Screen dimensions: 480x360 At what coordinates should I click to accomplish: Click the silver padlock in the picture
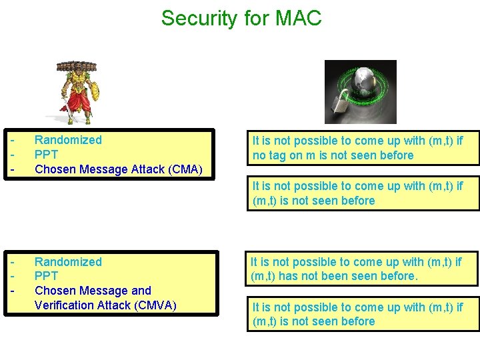click(x=341, y=105)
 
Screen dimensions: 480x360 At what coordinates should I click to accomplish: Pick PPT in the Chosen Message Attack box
click(x=46, y=155)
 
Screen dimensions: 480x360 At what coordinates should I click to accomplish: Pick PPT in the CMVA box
click(x=46, y=276)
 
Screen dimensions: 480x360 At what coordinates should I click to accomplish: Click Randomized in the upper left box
click(x=68, y=140)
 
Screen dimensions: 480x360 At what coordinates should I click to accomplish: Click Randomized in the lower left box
click(x=68, y=262)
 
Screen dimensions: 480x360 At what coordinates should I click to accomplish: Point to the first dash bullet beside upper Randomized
click(x=13, y=140)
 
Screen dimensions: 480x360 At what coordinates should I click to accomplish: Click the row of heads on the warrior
click(x=76, y=67)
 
